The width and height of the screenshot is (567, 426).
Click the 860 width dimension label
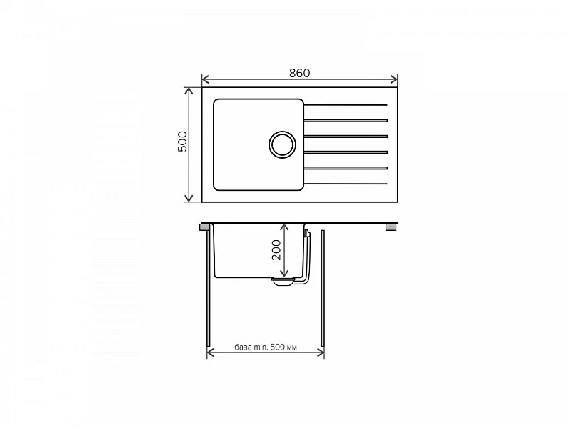[299, 73]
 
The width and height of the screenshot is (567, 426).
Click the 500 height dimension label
[183, 141]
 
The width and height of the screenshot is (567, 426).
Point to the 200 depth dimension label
[276, 249]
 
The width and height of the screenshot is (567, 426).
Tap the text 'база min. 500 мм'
[266, 347]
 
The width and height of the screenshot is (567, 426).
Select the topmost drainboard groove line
[346, 105]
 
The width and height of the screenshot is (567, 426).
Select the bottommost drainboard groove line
[346, 184]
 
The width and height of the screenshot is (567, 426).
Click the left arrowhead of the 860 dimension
[206, 79]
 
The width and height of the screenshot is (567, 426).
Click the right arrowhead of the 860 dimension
[393, 79]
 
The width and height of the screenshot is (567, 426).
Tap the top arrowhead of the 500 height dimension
[189, 91]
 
